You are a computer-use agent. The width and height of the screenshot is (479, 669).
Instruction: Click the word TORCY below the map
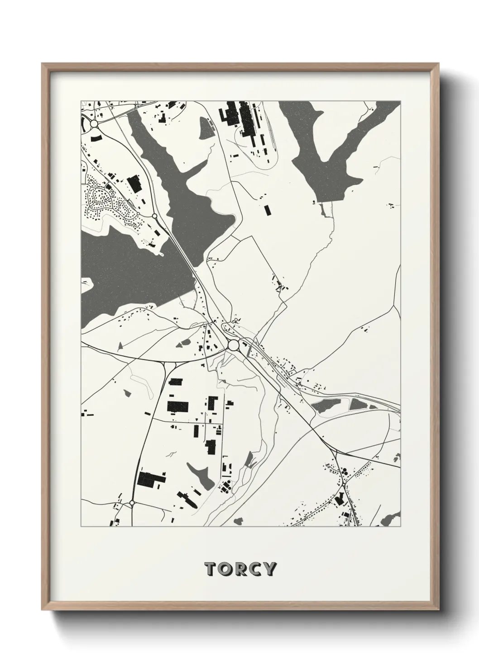[x=239, y=569]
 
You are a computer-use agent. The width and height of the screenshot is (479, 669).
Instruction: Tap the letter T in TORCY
[x=211, y=569]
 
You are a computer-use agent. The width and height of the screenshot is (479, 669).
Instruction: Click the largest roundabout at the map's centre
[x=234, y=345]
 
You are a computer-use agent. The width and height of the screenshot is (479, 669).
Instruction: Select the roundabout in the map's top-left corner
[x=94, y=123]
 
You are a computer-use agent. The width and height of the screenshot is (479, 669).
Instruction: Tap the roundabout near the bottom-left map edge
[x=132, y=502]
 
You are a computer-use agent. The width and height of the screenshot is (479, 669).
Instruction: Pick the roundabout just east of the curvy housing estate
[x=155, y=216]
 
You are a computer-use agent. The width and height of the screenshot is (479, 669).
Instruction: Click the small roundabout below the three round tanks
[x=344, y=486]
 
